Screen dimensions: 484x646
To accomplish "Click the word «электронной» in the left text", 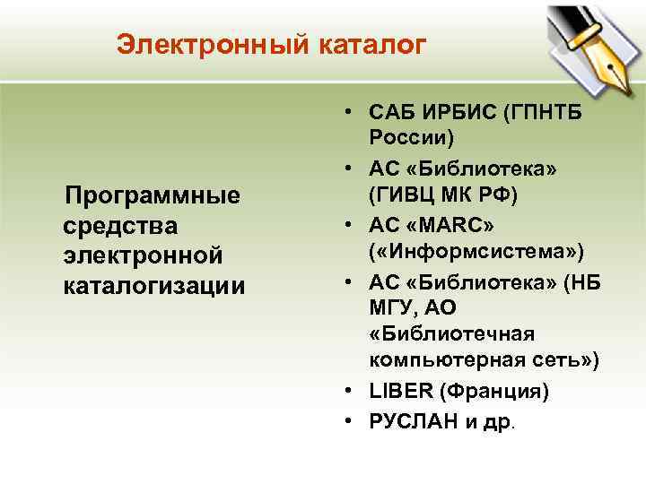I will (143, 255).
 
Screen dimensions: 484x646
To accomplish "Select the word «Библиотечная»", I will (451, 334).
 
